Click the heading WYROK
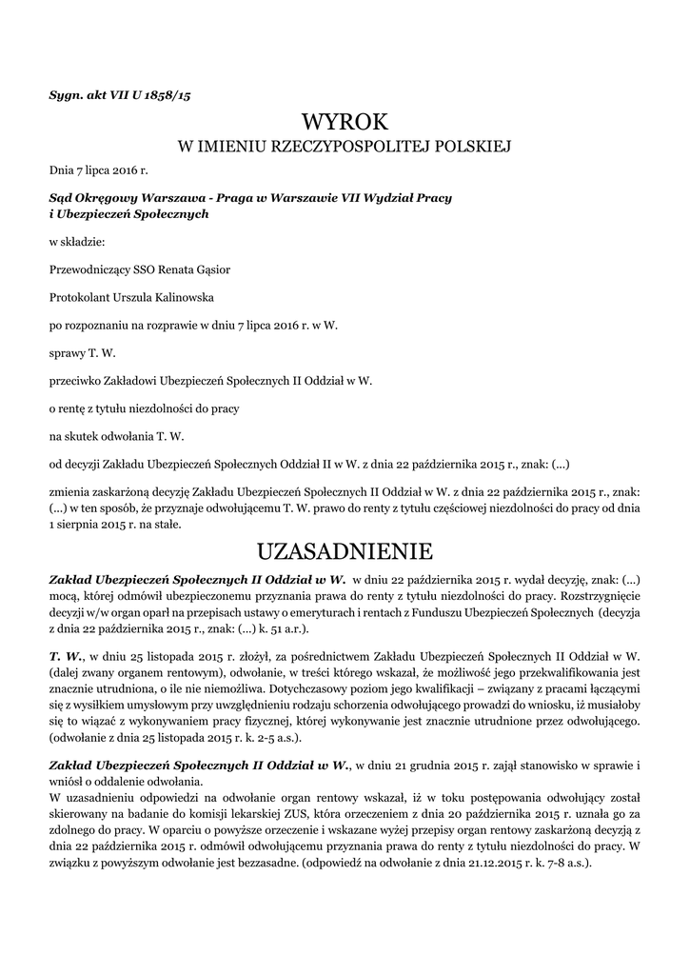click(345, 122)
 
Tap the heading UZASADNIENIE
click(345, 551)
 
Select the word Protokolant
click(80, 297)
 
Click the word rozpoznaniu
click(99, 325)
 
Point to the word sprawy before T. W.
click(68, 352)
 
